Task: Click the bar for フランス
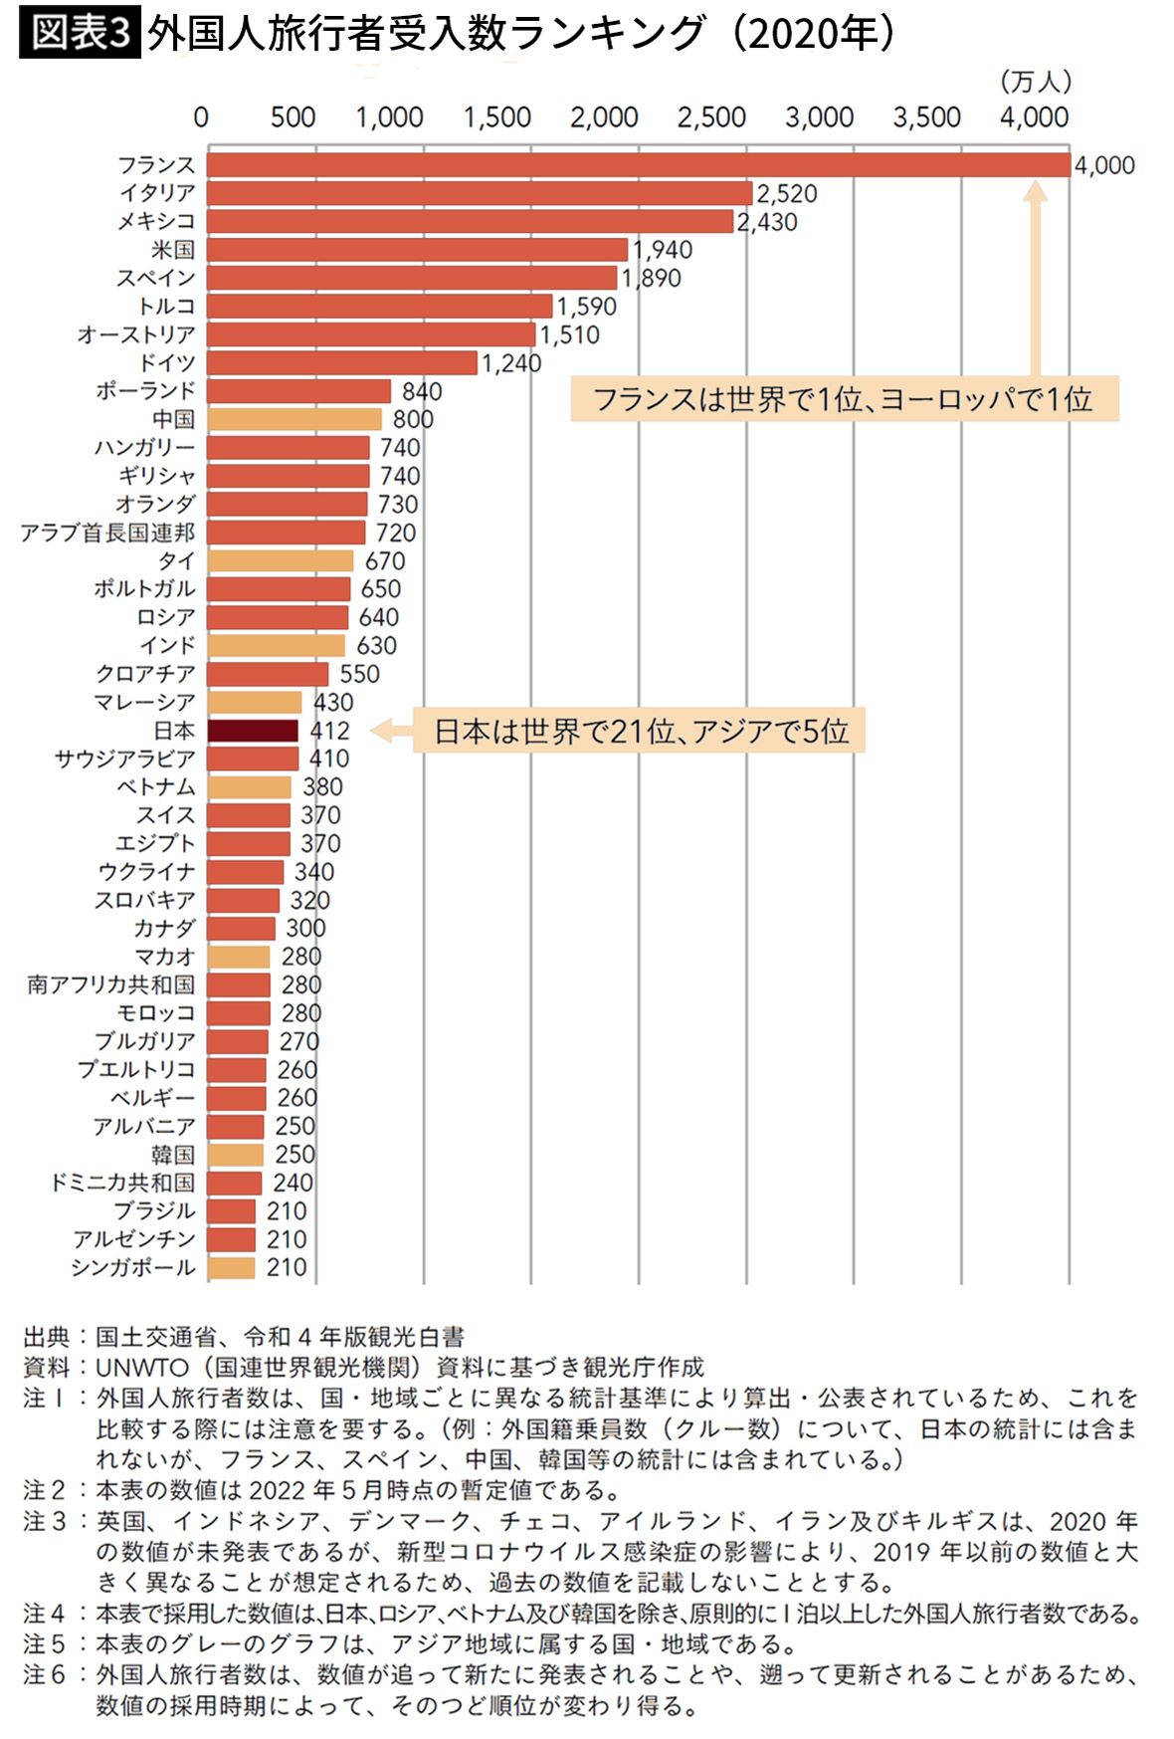[x=637, y=165]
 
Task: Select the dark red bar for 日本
[x=253, y=732]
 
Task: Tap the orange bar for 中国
[x=293, y=420]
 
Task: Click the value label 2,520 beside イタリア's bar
[x=786, y=194]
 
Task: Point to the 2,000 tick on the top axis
[x=603, y=117]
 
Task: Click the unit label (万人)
[x=1035, y=82]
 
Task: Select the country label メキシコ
[x=156, y=222]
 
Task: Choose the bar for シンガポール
[x=231, y=1268]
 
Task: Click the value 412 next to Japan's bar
[x=329, y=732]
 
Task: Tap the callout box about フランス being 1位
[x=844, y=399]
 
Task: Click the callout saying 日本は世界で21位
[x=641, y=732]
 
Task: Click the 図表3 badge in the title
[x=80, y=33]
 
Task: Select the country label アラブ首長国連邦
[x=107, y=534]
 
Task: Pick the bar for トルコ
[x=379, y=307]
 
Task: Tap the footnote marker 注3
[x=45, y=1521]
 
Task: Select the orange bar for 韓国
[x=235, y=1155]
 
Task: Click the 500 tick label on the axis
[x=293, y=117]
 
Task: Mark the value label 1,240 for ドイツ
[x=511, y=363]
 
